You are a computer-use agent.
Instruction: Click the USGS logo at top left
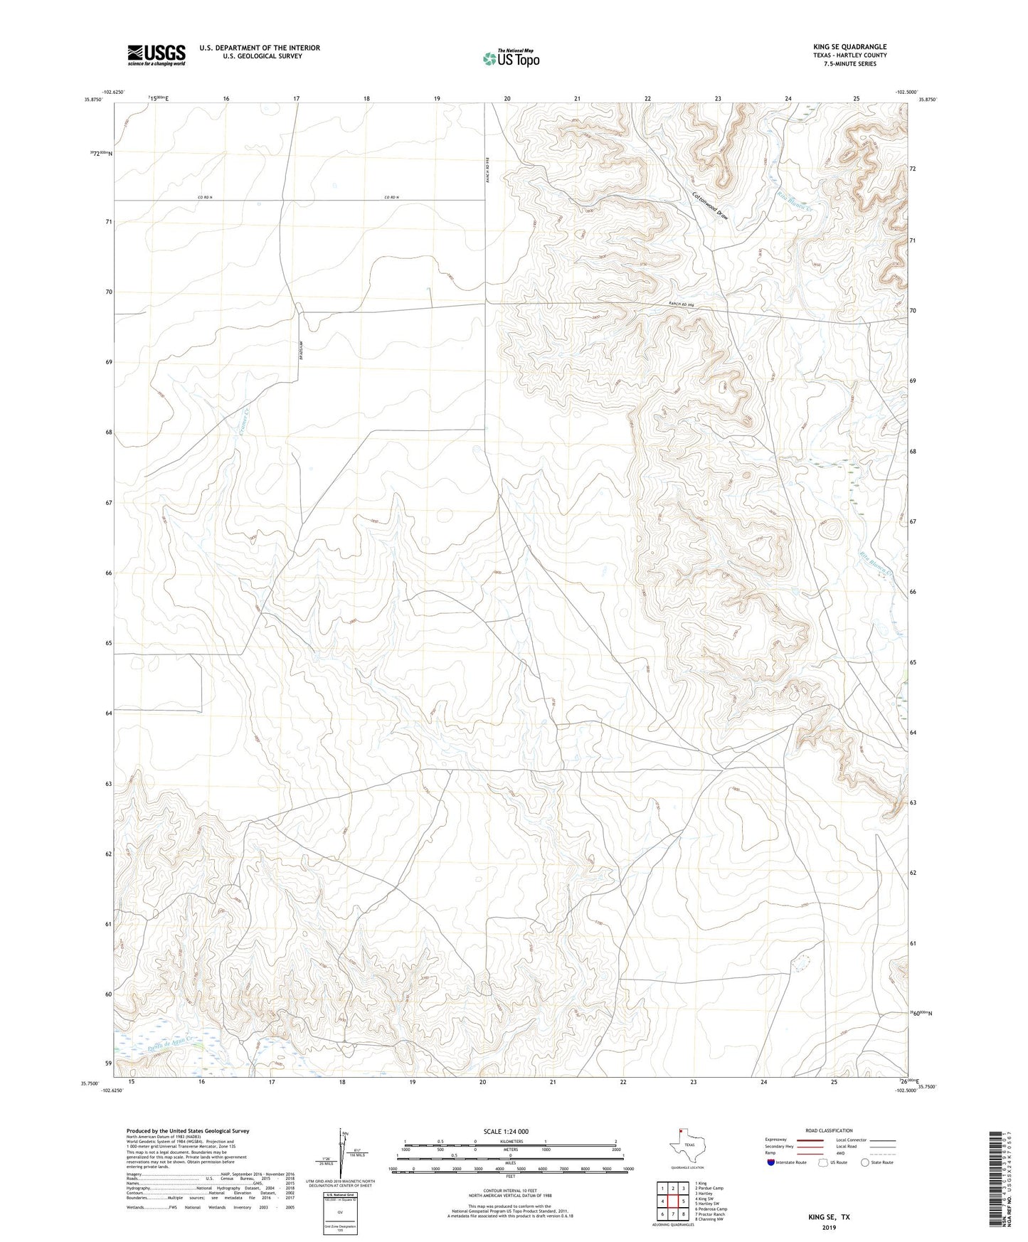(x=157, y=55)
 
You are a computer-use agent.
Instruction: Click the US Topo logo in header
(x=511, y=58)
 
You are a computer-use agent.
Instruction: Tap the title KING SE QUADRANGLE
(x=849, y=47)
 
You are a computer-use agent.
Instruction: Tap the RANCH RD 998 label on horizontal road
(x=680, y=304)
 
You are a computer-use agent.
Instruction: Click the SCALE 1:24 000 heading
(x=506, y=1131)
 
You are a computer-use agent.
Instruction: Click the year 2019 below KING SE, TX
(x=828, y=1227)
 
